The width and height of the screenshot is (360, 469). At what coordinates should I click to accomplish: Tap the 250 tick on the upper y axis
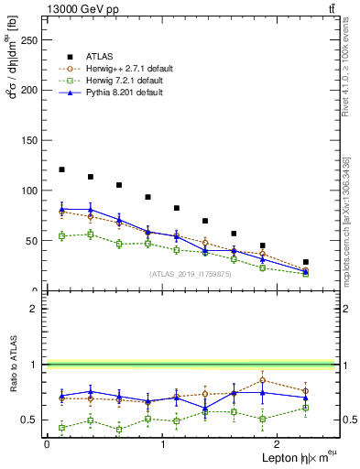(32, 40)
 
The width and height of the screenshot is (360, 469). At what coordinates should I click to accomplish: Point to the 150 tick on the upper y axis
(32, 140)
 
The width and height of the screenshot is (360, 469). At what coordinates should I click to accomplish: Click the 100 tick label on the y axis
(32, 191)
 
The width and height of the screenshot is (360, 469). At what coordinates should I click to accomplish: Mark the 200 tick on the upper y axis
(32, 91)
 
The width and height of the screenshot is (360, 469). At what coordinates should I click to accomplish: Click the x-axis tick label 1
(162, 444)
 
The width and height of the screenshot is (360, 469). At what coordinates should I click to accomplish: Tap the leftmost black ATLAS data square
(61, 169)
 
